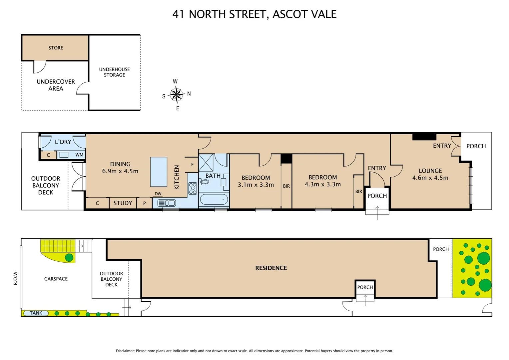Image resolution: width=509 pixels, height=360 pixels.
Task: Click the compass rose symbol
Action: (x=176, y=95)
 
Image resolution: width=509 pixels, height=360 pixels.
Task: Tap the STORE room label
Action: (x=56, y=48)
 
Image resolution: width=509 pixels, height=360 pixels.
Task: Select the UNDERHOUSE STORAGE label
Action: (x=114, y=72)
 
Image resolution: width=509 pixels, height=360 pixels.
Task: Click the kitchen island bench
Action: (x=159, y=172)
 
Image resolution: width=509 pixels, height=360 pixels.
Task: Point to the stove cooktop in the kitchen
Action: (x=193, y=188)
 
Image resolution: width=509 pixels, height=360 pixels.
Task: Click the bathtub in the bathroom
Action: (x=214, y=200)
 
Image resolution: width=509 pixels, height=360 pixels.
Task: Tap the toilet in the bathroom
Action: (x=204, y=182)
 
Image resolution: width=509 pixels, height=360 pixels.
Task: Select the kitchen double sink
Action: (x=167, y=203)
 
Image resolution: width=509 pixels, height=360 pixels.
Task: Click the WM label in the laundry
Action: (x=79, y=155)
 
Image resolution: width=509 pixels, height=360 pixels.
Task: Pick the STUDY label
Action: (x=123, y=203)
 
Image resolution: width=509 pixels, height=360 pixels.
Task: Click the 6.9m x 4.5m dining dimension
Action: (x=120, y=171)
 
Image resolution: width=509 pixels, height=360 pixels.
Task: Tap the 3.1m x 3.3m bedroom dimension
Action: (x=256, y=185)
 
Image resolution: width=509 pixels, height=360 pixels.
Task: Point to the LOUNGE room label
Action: (x=430, y=171)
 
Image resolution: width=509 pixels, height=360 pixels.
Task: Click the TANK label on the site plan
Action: (x=36, y=313)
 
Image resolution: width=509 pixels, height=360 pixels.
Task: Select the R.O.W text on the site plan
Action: (x=15, y=278)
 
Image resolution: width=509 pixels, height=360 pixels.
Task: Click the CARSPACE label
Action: (x=56, y=279)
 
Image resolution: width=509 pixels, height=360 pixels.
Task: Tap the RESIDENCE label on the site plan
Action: (x=271, y=268)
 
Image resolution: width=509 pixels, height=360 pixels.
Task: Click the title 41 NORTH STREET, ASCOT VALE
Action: (x=254, y=14)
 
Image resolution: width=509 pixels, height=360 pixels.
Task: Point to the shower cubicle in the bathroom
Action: (x=206, y=163)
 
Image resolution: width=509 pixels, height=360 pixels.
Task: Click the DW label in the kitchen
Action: (x=158, y=194)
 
